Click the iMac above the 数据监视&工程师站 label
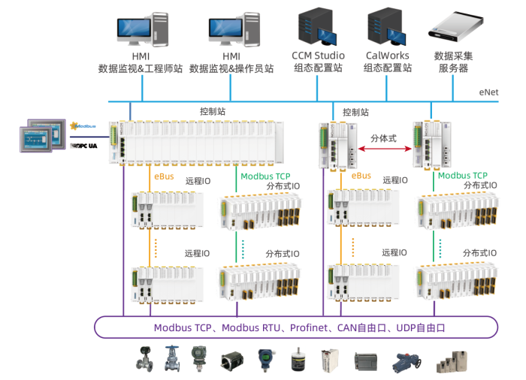(x=141, y=28)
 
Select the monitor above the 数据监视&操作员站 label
(x=231, y=28)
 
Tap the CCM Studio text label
(x=318, y=56)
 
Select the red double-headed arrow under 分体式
(x=383, y=149)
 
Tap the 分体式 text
(x=383, y=138)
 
